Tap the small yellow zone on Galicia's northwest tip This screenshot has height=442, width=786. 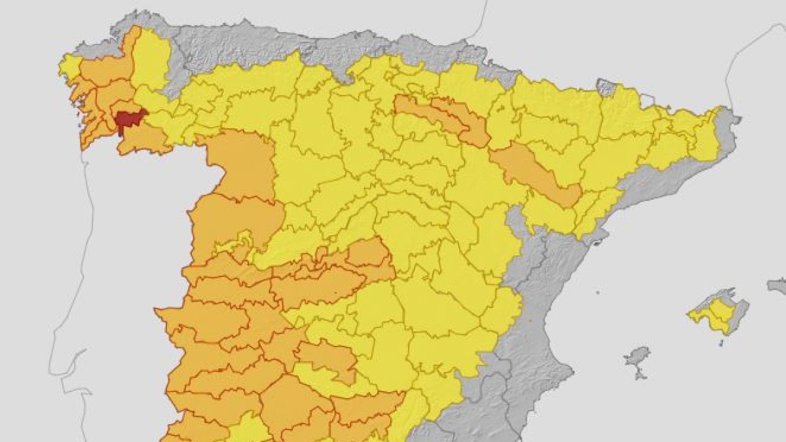tap(69, 66)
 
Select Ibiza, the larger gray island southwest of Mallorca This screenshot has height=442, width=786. tap(637, 358)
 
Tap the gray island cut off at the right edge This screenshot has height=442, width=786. tap(777, 285)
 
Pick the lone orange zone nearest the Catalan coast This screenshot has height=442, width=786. tap(537, 174)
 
